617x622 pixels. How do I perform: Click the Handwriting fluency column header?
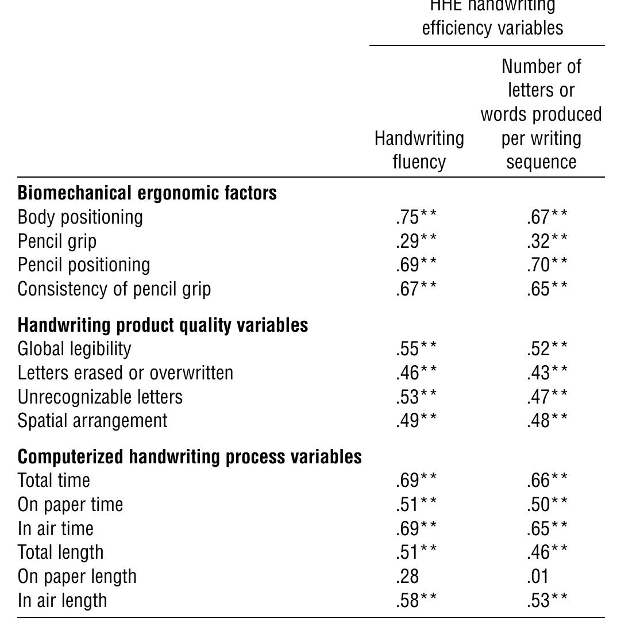[419, 150]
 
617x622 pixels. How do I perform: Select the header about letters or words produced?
[541, 114]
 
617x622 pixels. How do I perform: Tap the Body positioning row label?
[80, 217]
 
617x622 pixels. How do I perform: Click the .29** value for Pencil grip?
[416, 241]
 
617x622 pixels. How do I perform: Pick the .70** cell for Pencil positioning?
[546, 265]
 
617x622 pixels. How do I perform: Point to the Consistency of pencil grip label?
[114, 289]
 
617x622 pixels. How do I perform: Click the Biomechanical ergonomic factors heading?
[147, 193]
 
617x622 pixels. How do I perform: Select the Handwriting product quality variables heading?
[163, 325]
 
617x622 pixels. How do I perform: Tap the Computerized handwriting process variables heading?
[190, 457]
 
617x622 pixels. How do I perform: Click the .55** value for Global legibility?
[416, 349]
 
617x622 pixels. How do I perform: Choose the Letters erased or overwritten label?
[125, 373]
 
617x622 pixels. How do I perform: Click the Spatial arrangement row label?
[92, 421]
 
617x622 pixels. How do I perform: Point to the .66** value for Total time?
[546, 481]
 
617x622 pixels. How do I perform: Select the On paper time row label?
[70, 505]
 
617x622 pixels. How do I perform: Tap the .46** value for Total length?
[546, 552]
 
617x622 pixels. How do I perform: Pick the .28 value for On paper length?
[407, 577]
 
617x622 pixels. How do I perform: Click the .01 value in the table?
[537, 577]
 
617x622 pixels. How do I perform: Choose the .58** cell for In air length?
[416, 601]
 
